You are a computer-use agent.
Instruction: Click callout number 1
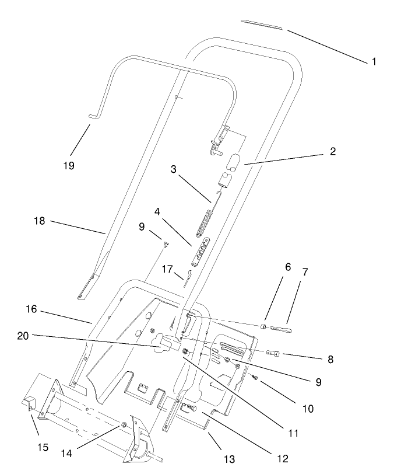click(374, 61)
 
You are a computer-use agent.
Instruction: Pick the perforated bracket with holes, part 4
click(202, 252)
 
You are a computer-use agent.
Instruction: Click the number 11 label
click(293, 433)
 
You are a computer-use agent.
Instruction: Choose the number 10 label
click(308, 409)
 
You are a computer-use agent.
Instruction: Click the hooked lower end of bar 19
click(94, 117)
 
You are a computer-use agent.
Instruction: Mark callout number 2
click(332, 152)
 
